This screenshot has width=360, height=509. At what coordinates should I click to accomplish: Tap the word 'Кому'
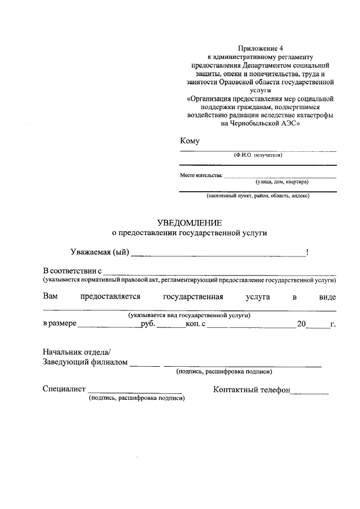click(190, 141)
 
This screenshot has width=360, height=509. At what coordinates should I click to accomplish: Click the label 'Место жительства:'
click(201, 175)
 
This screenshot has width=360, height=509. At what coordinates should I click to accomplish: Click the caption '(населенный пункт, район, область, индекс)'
click(258, 196)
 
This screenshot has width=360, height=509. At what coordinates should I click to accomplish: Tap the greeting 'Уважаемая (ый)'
click(100, 253)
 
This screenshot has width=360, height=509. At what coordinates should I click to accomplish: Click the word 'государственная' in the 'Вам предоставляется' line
click(193, 296)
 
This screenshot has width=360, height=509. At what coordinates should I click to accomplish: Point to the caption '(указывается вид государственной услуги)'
click(189, 316)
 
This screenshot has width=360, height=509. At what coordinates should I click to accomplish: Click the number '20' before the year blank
click(302, 325)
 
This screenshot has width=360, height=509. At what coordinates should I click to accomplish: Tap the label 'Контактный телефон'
click(251, 389)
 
